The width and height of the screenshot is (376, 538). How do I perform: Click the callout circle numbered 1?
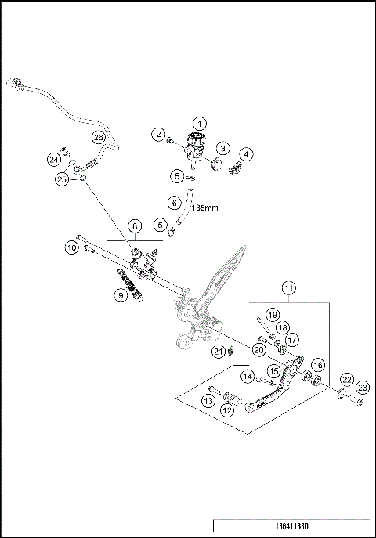click(199, 123)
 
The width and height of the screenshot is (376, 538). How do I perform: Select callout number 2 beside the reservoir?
click(159, 135)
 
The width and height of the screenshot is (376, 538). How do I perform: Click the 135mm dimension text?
click(205, 209)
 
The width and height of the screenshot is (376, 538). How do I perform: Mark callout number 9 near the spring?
click(120, 295)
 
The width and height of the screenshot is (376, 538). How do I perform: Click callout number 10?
click(70, 248)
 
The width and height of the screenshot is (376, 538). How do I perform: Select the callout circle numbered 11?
click(288, 288)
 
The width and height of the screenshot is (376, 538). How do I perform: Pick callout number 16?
click(318, 365)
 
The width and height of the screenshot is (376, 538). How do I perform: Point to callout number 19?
click(272, 314)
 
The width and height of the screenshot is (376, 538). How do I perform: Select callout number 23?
click(362, 388)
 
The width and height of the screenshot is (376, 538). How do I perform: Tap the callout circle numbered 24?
click(54, 159)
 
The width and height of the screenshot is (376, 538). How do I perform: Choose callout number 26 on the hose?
click(98, 137)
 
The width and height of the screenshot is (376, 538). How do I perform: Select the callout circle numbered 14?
click(248, 377)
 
